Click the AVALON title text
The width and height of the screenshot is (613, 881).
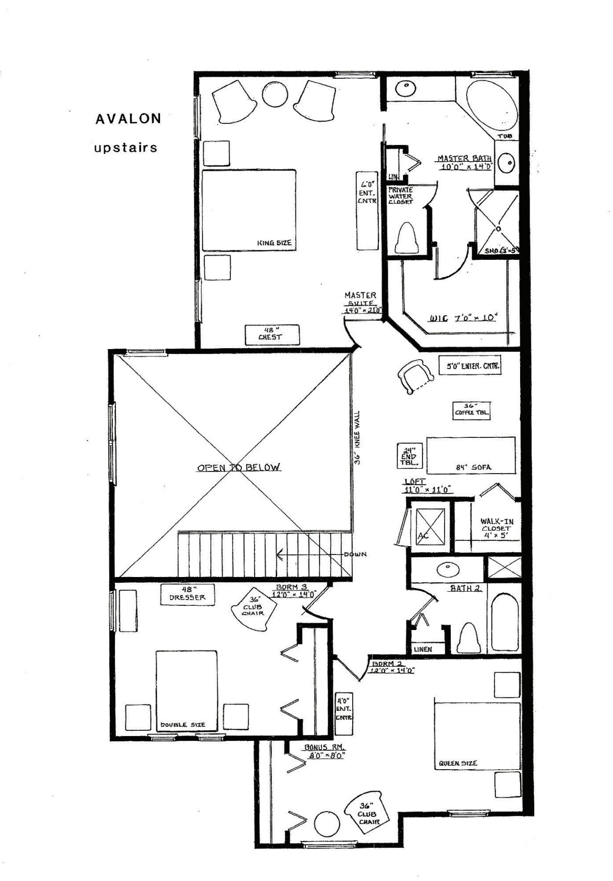[x=128, y=119]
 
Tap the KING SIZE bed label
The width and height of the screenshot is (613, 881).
[x=274, y=243]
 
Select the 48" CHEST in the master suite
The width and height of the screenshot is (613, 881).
[x=272, y=334]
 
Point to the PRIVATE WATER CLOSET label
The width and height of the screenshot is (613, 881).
[x=400, y=195]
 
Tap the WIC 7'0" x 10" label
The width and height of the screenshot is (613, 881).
[x=463, y=318]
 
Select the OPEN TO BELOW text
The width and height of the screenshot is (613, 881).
[x=239, y=467]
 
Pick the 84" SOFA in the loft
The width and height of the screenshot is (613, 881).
[x=471, y=455]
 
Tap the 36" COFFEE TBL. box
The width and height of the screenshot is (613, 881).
[x=472, y=410]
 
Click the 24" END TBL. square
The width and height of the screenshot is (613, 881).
[x=409, y=456]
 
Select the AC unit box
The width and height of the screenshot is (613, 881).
[x=430, y=525]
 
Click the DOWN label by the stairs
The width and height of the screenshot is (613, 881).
[x=355, y=554]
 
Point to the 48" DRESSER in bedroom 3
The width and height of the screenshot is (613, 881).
[x=187, y=594]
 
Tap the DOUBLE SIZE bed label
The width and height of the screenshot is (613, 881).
[x=183, y=725]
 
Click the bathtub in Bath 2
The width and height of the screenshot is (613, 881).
[x=504, y=622]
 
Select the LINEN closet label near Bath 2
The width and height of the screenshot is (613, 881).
[x=422, y=649]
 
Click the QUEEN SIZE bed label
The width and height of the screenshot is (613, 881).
[x=458, y=763]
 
